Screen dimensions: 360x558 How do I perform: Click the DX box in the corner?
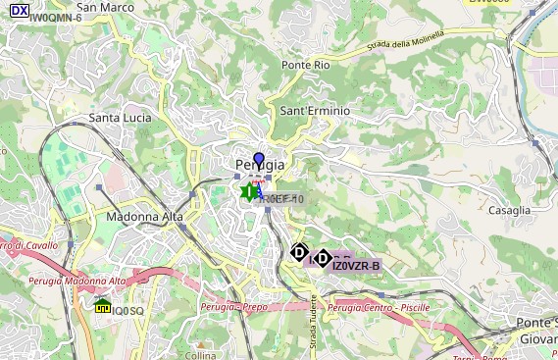coord(19,10)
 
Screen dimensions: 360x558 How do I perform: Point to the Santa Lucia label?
coord(121,118)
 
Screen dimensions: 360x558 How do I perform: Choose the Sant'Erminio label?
coord(315,111)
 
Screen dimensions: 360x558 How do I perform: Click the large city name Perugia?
coord(260,165)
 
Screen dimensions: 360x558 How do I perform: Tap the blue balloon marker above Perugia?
coord(259,160)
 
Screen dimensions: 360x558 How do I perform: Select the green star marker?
coord(250,192)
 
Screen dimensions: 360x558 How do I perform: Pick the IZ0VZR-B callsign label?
coord(356,266)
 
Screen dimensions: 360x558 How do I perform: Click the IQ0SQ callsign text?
coord(127,311)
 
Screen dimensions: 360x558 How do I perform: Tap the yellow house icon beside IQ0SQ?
coord(102,307)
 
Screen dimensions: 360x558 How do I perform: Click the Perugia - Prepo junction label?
coord(233,307)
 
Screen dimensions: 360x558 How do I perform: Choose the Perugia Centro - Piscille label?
coord(379,307)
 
